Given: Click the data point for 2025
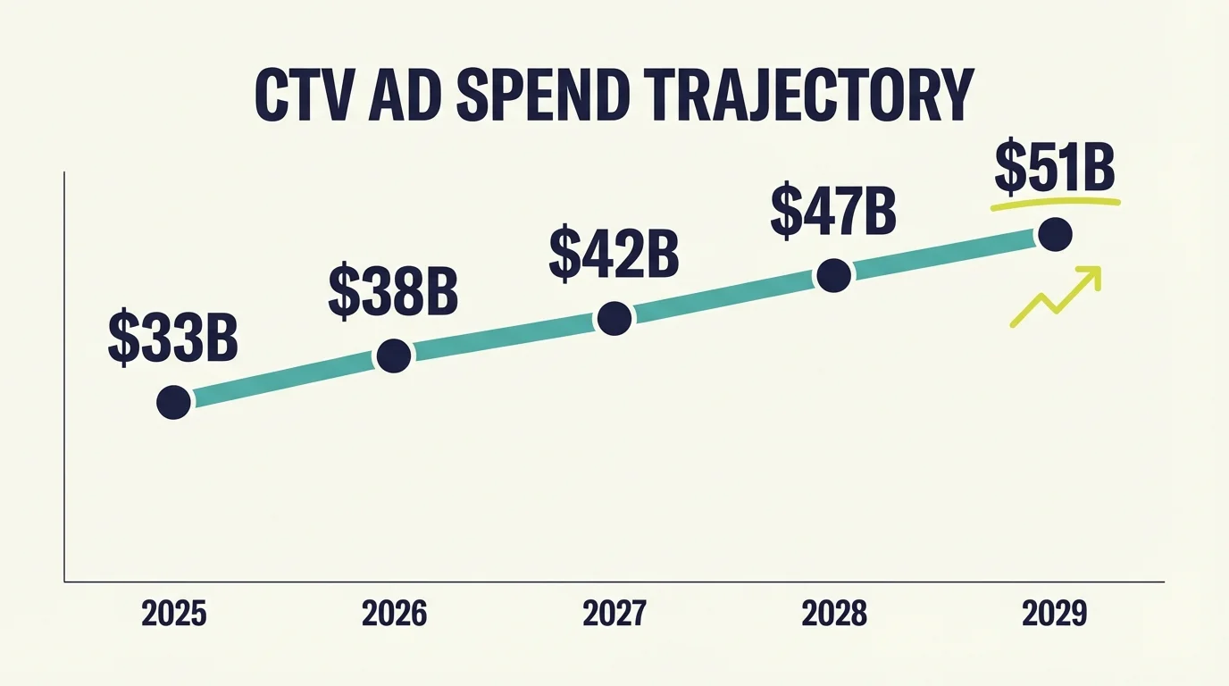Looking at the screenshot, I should pos(173,402).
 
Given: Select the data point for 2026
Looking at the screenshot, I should pos(394,356).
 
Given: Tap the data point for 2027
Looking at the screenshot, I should pos(614,318).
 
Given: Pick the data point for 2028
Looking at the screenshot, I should pos(833,276).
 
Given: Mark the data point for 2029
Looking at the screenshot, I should pos(1055,235).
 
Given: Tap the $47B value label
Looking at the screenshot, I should pos(832,211).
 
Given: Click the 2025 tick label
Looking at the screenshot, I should pos(173,614).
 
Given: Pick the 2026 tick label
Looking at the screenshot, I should pos(394,614).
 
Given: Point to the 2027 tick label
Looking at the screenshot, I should pos(614,614).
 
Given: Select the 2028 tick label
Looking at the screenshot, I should pos(834,614).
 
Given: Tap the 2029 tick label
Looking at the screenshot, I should pos(1055,614).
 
